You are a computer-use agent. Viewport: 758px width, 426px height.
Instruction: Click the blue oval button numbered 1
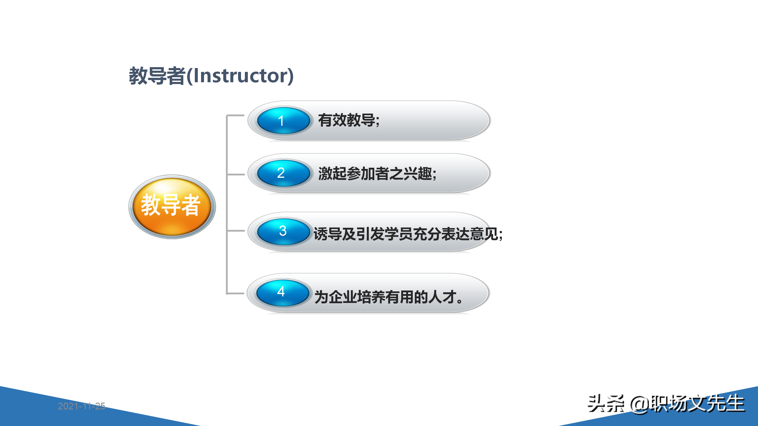click(x=283, y=121)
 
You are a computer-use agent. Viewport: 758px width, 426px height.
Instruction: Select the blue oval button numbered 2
click(x=283, y=173)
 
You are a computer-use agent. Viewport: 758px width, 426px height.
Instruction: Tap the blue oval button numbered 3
click(x=283, y=231)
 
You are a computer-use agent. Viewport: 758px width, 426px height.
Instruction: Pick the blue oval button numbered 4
click(x=282, y=292)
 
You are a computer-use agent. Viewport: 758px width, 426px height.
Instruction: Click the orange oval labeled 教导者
click(x=172, y=206)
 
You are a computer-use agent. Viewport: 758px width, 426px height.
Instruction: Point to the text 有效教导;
click(x=349, y=120)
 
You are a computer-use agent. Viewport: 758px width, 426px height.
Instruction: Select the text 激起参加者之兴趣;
click(x=377, y=174)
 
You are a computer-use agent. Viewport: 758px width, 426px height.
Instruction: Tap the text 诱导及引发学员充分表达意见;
click(x=408, y=234)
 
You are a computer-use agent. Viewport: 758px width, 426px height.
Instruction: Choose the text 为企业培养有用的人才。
click(x=388, y=297)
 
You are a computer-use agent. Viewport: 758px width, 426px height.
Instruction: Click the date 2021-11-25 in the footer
click(x=81, y=406)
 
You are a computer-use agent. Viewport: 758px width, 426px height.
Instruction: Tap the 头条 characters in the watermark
click(x=606, y=404)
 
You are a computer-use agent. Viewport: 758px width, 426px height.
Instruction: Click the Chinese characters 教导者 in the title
click(x=157, y=76)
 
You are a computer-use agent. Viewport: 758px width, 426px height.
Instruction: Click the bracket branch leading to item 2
click(x=236, y=175)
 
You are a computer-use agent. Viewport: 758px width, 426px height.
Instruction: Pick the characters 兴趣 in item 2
click(x=417, y=174)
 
